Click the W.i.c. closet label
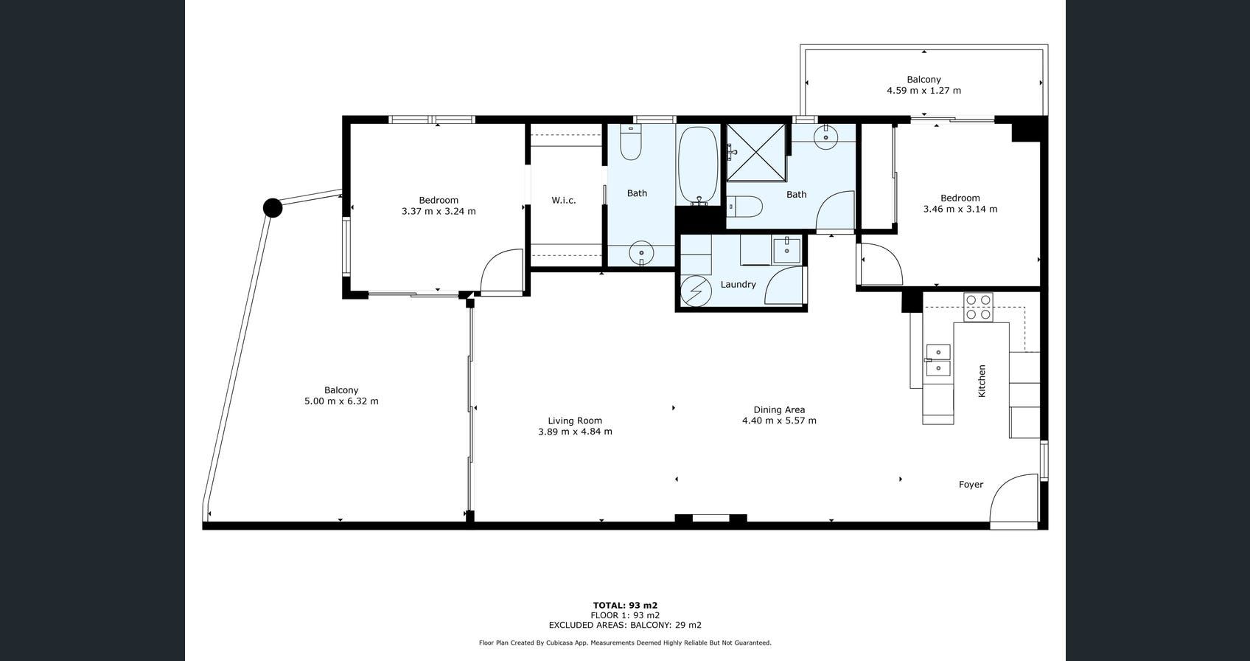563,200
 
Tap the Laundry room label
738,285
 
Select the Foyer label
971,485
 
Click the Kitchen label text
982,381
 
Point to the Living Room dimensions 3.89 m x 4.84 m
575,432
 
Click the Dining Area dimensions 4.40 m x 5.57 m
779,421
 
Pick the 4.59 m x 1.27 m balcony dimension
923,91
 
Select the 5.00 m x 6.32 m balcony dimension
341,401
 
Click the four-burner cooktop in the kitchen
978,308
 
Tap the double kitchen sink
938,361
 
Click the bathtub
697,165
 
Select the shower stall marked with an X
755,153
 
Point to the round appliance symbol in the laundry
696,291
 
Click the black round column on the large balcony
272,208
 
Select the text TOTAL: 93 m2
625,605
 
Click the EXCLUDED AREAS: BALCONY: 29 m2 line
625,626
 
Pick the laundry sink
787,250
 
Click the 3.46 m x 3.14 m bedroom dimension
960,209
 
